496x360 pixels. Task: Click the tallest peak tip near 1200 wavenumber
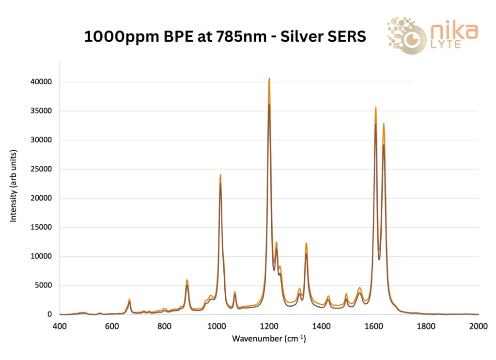click(x=269, y=78)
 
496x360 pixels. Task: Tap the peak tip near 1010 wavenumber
click(x=220, y=175)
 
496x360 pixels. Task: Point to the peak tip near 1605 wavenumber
click(x=375, y=108)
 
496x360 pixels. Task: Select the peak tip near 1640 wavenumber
click(x=384, y=124)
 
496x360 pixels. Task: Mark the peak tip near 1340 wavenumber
click(x=306, y=243)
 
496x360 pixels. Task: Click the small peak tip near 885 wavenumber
click(x=187, y=280)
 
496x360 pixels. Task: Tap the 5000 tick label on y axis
click(x=43, y=285)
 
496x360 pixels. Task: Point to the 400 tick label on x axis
click(x=60, y=326)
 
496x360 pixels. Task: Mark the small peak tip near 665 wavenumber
click(x=129, y=300)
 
